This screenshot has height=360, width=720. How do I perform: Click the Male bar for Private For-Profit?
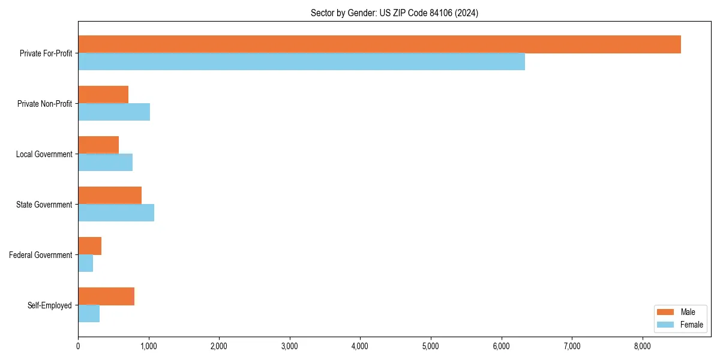(379, 44)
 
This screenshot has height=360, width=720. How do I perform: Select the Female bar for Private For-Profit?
(301, 62)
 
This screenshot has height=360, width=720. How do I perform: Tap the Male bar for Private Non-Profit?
(103, 95)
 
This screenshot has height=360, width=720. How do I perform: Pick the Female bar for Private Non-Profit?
(114, 112)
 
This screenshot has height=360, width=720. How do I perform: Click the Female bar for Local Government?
(105, 163)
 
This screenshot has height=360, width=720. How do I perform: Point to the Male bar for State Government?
(110, 196)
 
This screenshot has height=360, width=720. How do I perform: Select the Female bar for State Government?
(116, 213)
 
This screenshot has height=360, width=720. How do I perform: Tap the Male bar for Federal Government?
(89, 246)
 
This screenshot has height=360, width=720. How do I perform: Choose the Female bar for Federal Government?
(85, 263)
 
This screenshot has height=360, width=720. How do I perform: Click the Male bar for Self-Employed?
(106, 296)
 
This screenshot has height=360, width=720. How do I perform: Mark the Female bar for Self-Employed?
(89, 314)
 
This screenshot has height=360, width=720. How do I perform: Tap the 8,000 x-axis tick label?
(643, 346)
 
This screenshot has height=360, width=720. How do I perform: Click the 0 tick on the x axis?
(78, 346)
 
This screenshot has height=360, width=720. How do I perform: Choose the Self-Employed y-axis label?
(50, 305)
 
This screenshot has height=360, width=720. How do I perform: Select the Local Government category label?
(44, 154)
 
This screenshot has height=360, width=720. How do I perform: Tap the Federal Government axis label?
(41, 255)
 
